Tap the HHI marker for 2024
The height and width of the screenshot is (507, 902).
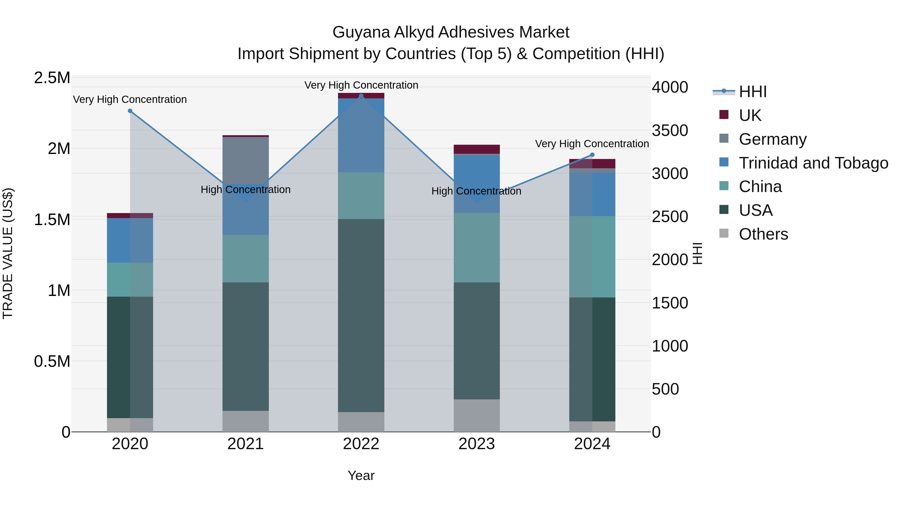pyautogui.click(x=592, y=155)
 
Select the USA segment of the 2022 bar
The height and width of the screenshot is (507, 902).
pyautogui.click(x=361, y=315)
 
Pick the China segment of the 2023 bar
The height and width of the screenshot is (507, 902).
pyautogui.click(x=477, y=247)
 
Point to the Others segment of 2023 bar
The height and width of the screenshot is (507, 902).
pyautogui.click(x=477, y=415)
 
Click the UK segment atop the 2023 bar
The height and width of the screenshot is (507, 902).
pyautogui.click(x=477, y=149)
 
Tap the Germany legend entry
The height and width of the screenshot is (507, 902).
pyautogui.click(x=772, y=139)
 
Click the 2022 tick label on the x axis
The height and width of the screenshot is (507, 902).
pyautogui.click(x=361, y=444)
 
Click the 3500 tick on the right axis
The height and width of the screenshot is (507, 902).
pyautogui.click(x=669, y=130)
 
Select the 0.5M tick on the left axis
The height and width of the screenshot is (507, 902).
pyautogui.click(x=52, y=361)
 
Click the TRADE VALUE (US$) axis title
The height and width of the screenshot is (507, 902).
pyautogui.click(x=8, y=253)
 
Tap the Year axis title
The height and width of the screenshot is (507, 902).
pyautogui.click(x=361, y=475)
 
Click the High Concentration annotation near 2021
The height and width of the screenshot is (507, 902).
pyautogui.click(x=246, y=190)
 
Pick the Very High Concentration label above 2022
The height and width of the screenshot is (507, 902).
pyautogui.click(x=361, y=85)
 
